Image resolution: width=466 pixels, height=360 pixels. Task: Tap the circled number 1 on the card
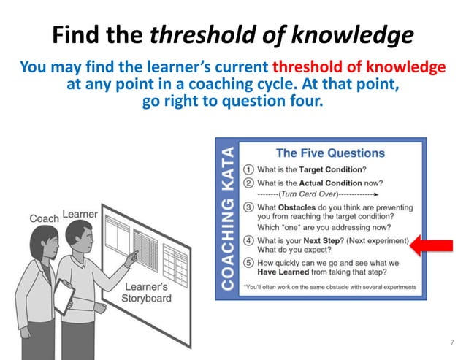click(x=248, y=169)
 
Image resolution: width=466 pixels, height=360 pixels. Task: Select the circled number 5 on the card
click(x=248, y=263)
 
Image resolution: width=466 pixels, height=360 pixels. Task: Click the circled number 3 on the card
click(x=248, y=208)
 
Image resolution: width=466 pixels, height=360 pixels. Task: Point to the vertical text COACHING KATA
click(x=228, y=218)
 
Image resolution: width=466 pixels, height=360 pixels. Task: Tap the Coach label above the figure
click(x=44, y=218)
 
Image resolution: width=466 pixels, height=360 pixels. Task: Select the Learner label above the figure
click(x=80, y=214)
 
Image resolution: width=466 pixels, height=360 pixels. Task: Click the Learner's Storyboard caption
click(x=146, y=292)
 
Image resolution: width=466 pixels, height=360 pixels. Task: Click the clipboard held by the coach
click(x=64, y=296)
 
